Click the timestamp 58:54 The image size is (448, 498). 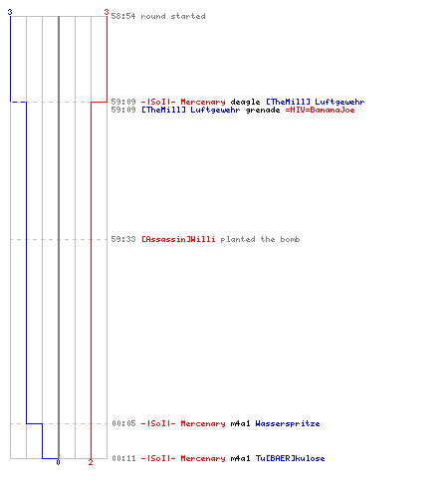pyautogui.click(x=123, y=16)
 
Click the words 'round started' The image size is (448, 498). pyautogui.click(x=173, y=16)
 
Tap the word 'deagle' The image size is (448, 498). pyautogui.click(x=245, y=103)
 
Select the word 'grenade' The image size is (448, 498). pyautogui.click(x=263, y=110)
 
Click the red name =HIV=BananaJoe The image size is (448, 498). pyautogui.click(x=320, y=110)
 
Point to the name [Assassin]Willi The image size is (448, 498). pyautogui.click(x=178, y=239)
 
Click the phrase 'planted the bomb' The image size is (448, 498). pyautogui.click(x=260, y=239)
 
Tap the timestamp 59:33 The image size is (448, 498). pyautogui.click(x=123, y=239)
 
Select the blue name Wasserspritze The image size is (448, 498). pyautogui.click(x=288, y=423)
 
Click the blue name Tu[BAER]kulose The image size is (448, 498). pyautogui.click(x=290, y=458)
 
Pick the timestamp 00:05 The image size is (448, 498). pyautogui.click(x=123, y=423)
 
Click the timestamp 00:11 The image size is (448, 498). pyautogui.click(x=123, y=458)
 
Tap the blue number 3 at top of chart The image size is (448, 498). pyautogui.click(x=10, y=12)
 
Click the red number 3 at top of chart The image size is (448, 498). pyautogui.click(x=107, y=12)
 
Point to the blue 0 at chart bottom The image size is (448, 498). pyautogui.click(x=58, y=462)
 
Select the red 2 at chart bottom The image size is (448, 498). pyautogui.click(x=91, y=462)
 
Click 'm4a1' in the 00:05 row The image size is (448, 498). pyautogui.click(x=240, y=423)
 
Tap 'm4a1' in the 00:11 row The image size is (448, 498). pyautogui.click(x=240, y=458)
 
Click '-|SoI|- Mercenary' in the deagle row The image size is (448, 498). pyautogui.click(x=183, y=102)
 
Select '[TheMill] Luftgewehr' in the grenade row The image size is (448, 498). pyautogui.click(x=191, y=110)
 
